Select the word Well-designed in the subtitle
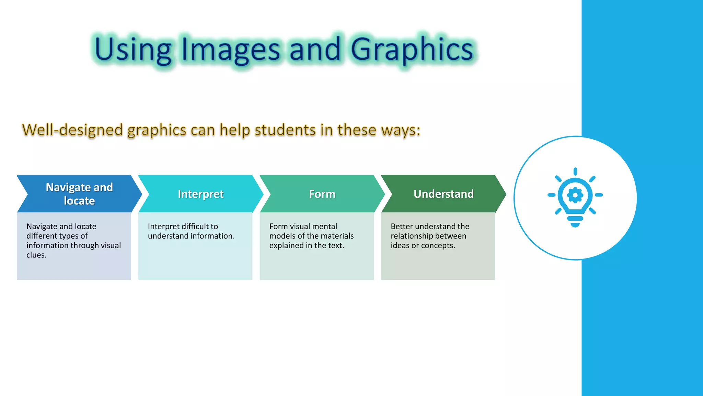(72, 130)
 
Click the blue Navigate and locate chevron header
(79, 194)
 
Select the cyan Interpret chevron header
(201, 194)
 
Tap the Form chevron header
(322, 194)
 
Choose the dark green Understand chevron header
(443, 194)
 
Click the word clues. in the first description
(36, 255)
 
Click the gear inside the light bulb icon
(575, 195)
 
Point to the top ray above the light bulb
(575, 172)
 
